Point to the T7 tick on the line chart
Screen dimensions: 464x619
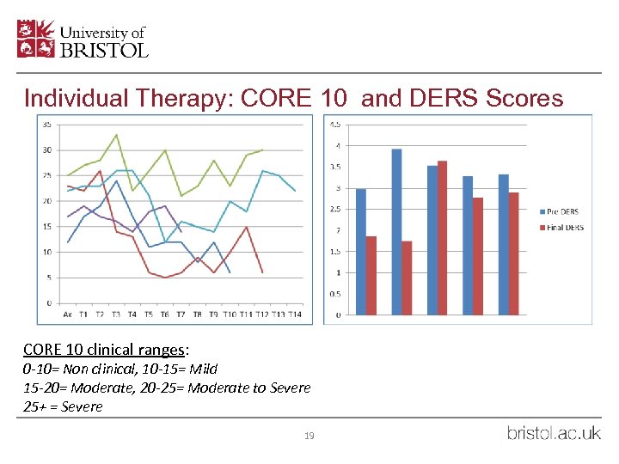[x=181, y=314]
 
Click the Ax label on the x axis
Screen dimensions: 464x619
[x=68, y=314]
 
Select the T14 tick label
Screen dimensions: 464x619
[x=295, y=314]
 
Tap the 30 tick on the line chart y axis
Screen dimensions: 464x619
[x=46, y=150]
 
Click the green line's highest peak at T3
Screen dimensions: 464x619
[x=116, y=135]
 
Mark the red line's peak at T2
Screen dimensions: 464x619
[x=100, y=171]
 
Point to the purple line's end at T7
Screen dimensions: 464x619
[x=181, y=232]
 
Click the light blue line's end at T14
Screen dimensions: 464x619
[x=295, y=191]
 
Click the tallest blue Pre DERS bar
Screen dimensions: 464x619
[x=396, y=232]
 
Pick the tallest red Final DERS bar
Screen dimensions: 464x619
[x=442, y=237]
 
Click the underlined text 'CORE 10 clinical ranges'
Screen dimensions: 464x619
[x=102, y=350]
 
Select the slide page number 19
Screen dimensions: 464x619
[x=309, y=436]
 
